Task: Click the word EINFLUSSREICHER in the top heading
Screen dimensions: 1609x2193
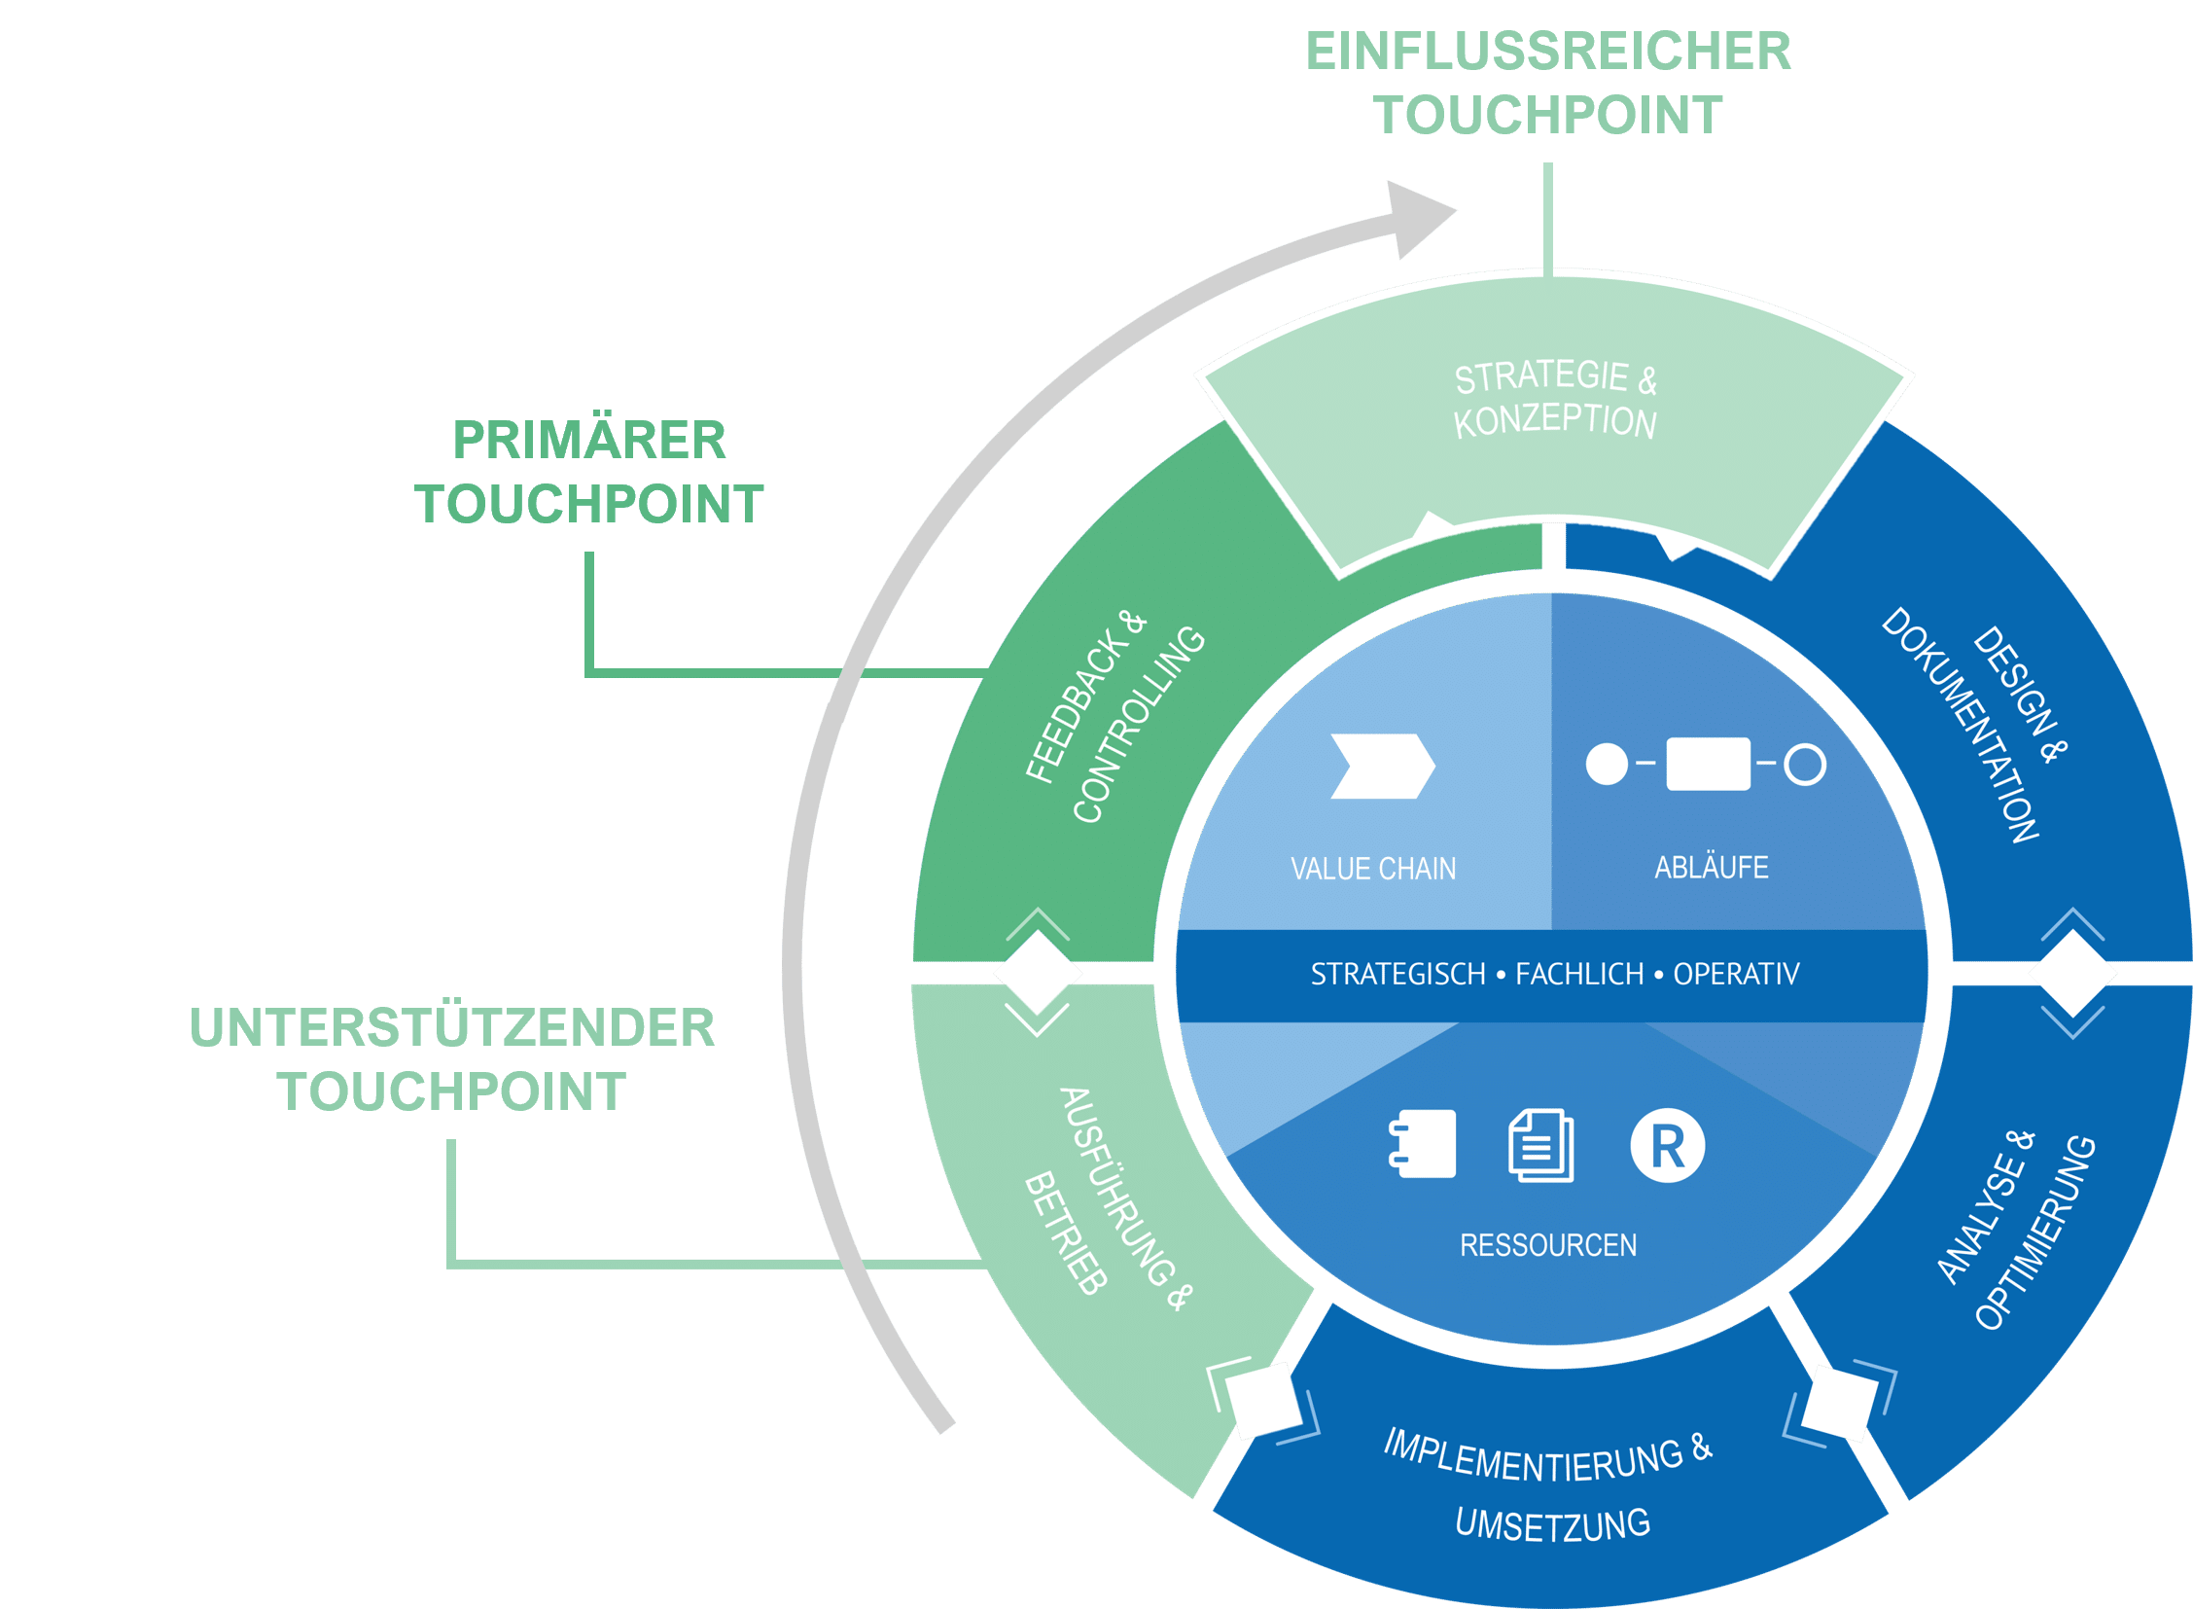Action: coord(1547,52)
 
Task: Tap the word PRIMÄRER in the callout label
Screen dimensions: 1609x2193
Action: coord(589,441)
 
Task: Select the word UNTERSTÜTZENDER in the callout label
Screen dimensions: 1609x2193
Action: coord(452,1027)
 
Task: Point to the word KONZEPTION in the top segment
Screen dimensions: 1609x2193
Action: coord(1554,422)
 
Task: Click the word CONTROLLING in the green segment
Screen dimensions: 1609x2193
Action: coord(1139,725)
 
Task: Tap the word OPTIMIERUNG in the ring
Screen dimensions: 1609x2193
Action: coord(2035,1233)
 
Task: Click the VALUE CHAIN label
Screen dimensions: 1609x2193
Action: coord(1373,869)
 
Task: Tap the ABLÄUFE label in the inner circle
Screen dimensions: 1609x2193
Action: coord(1711,867)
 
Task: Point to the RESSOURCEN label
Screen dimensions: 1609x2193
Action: coord(1547,1245)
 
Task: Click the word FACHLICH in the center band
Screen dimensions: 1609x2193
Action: coord(1578,974)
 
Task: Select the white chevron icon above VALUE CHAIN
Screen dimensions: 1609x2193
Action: coord(1382,766)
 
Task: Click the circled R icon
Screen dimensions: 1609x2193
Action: coord(1667,1145)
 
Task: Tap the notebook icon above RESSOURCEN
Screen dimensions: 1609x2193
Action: coord(1423,1143)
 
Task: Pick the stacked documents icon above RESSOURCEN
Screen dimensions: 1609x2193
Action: coord(1540,1145)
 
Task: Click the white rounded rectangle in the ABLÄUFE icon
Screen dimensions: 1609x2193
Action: coord(1708,764)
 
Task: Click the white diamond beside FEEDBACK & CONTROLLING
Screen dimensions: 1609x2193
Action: coord(1037,972)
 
